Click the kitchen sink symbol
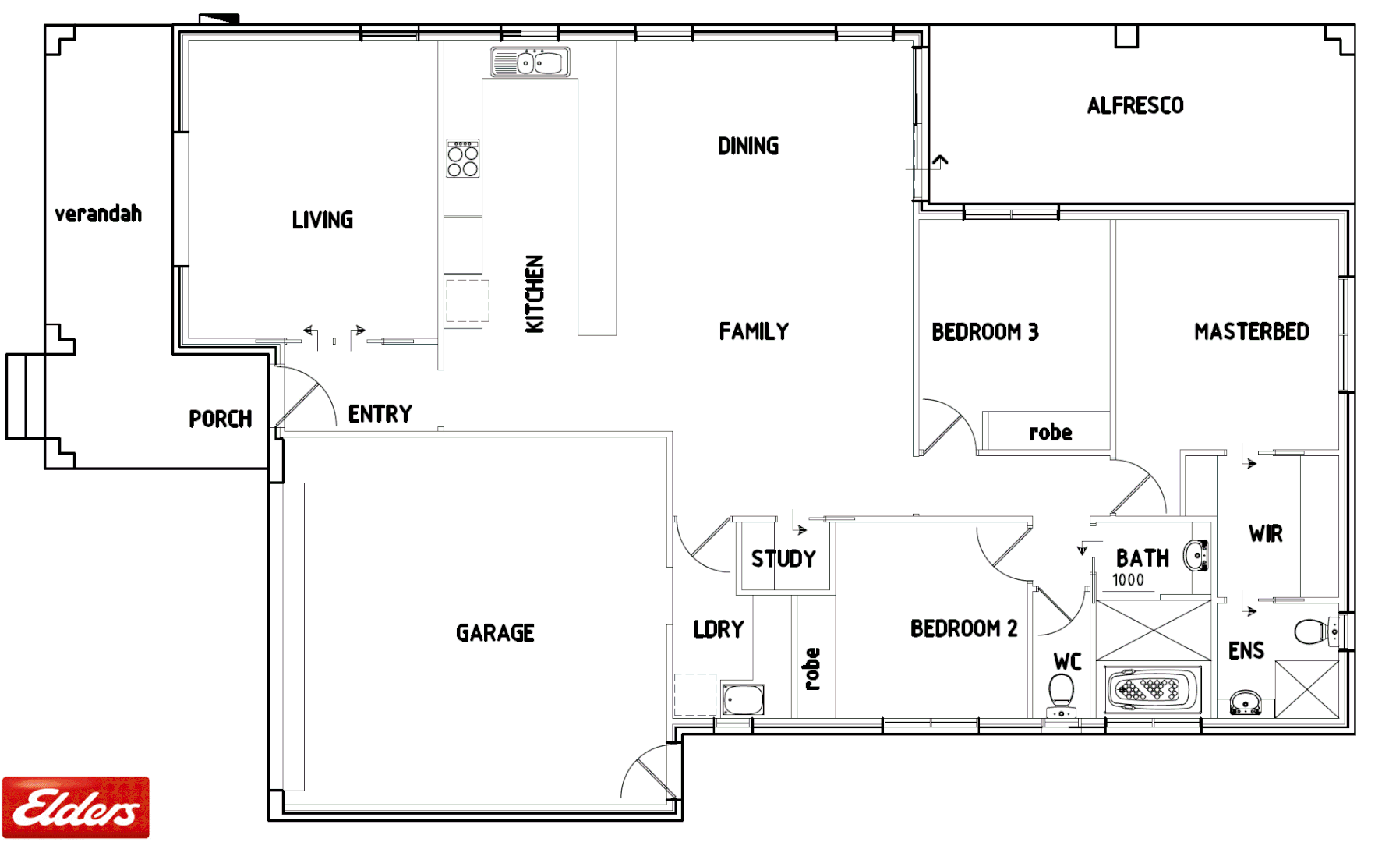click(x=530, y=62)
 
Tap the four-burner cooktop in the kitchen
click(x=462, y=159)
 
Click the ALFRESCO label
click(x=1135, y=106)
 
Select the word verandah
click(x=98, y=214)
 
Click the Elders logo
click(x=76, y=807)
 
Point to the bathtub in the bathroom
click(x=1152, y=690)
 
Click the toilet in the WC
click(x=1061, y=692)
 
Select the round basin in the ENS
click(x=1245, y=701)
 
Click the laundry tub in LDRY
click(x=743, y=699)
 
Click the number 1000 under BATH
click(x=1128, y=580)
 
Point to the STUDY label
click(x=783, y=559)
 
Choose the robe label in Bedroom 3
click(x=1050, y=433)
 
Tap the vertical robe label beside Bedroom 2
click(x=812, y=669)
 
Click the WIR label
click(x=1265, y=534)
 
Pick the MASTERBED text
click(x=1251, y=332)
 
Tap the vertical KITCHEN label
click(x=535, y=294)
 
